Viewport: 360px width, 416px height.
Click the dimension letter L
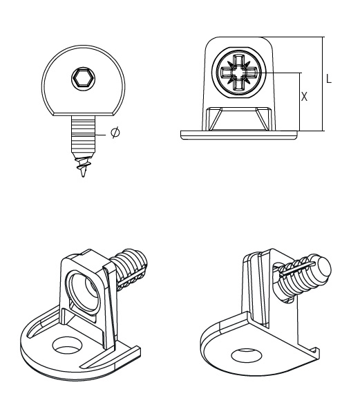(329, 79)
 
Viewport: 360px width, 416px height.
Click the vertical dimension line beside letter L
(323, 83)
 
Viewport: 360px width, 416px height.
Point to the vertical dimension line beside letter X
(299, 100)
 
